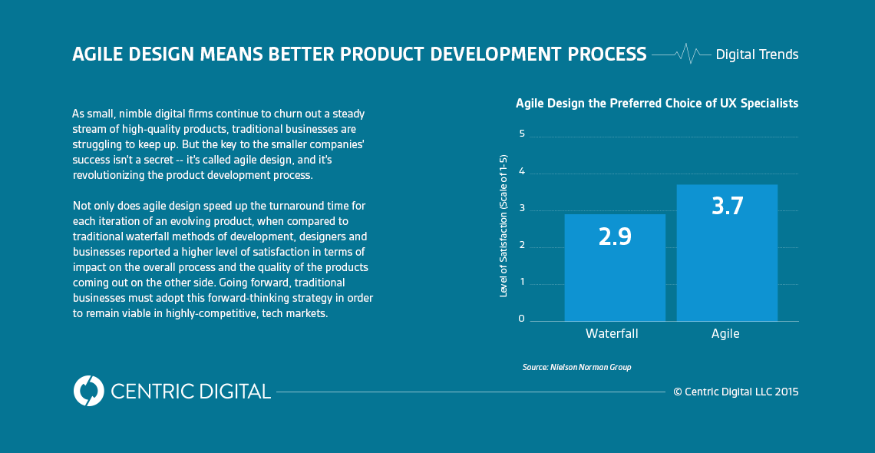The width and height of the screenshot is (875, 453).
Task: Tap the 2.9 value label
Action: click(614, 236)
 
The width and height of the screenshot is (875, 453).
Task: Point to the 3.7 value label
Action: click(727, 206)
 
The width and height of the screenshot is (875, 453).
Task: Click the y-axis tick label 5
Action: click(522, 134)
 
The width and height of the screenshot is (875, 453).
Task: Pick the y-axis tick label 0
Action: click(522, 318)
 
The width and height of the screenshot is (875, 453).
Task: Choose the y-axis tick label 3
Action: click(522, 208)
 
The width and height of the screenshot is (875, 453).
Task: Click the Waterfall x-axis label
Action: click(612, 334)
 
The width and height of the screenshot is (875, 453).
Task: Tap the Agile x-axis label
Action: click(725, 334)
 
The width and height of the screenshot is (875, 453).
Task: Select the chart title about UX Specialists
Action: click(656, 103)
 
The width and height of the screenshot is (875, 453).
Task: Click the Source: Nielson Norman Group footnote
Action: click(576, 368)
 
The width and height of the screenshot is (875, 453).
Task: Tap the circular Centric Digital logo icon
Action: click(88, 391)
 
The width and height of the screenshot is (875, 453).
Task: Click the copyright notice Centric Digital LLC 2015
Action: click(735, 392)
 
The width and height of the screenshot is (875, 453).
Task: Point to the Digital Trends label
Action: click(757, 55)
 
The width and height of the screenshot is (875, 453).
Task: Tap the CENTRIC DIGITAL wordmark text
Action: click(190, 391)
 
